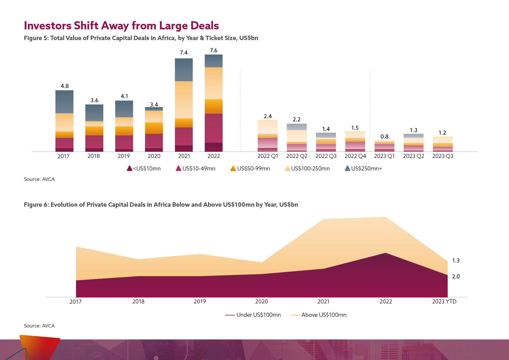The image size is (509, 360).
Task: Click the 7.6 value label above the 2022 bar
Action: (x=214, y=51)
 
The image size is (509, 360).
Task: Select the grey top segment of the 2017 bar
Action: (x=64, y=102)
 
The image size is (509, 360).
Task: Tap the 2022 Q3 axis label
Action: (x=326, y=156)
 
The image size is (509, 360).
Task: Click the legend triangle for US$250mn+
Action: (x=347, y=168)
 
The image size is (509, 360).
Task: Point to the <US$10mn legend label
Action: (x=147, y=169)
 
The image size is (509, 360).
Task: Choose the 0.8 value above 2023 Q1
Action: (x=384, y=136)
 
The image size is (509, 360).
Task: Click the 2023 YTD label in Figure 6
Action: (x=444, y=302)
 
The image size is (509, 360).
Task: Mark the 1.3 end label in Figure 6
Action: (x=456, y=260)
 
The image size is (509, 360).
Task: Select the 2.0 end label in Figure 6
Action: (x=456, y=276)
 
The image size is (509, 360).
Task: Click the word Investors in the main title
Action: (x=48, y=26)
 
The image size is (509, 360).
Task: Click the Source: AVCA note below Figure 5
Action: (x=39, y=179)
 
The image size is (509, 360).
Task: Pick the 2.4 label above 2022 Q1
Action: (x=268, y=116)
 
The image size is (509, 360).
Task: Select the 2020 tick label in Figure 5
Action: (x=154, y=156)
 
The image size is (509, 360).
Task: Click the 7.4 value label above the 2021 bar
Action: (x=184, y=53)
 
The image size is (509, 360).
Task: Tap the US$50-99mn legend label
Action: (x=253, y=169)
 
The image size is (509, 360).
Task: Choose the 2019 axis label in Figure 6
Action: (x=200, y=302)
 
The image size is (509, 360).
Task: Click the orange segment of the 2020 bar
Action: (x=154, y=128)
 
